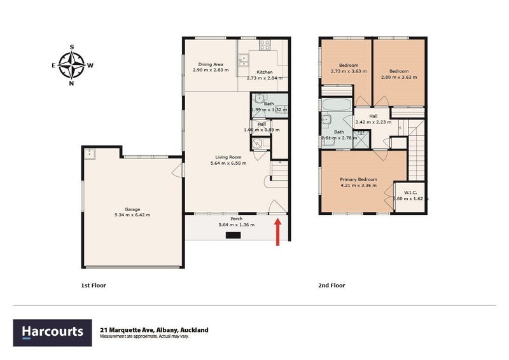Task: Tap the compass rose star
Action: [72, 65]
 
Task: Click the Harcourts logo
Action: [53, 332]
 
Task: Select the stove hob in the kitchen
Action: [265, 45]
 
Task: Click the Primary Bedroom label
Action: [360, 182]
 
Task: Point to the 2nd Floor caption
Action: [331, 286]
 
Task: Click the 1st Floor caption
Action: [93, 286]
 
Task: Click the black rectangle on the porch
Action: [234, 235]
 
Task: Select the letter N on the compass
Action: [72, 83]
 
